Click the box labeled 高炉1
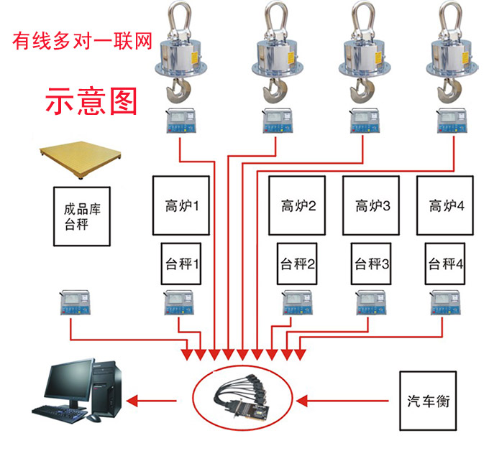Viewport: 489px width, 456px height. pos(180,206)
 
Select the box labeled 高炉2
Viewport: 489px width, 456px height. pos(298,206)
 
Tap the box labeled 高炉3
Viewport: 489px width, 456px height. pos(373,206)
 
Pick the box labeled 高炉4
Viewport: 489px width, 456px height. pos(447,206)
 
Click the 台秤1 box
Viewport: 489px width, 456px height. pos(180,264)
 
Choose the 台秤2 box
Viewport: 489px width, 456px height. pos(298,264)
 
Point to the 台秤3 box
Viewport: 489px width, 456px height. pos(372,264)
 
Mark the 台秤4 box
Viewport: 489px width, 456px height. pos(445,264)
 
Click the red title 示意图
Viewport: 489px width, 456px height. pos(91,101)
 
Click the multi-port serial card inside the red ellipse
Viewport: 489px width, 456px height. pos(244,399)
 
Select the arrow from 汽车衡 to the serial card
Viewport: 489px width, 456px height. pos(345,399)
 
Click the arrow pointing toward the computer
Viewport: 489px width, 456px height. pos(155,399)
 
